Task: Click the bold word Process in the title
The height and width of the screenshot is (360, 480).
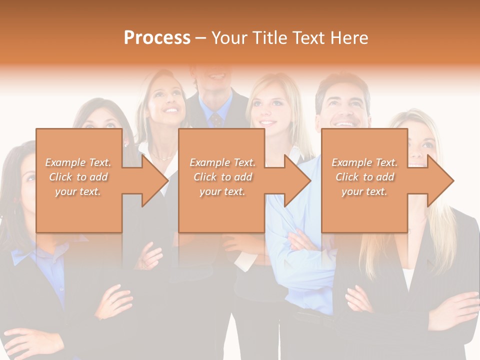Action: (157, 38)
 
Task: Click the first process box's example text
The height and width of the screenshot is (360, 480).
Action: (78, 176)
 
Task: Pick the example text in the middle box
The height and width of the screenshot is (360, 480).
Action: (222, 176)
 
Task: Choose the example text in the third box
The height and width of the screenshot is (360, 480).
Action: (364, 176)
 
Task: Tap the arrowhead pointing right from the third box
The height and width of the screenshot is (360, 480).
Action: (439, 180)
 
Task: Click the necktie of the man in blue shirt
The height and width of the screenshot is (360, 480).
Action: (216, 119)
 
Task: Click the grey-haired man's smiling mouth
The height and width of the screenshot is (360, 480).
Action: (344, 122)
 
